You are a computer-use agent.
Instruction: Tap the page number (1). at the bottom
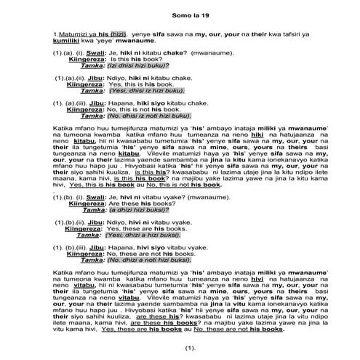(x=181, y=351)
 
